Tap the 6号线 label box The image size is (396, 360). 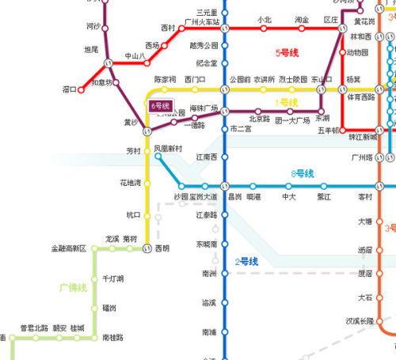point(162,104)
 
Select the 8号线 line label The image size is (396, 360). point(303,172)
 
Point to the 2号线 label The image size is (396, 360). point(247,261)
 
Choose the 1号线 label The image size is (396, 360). point(284,102)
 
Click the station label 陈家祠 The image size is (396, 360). point(165,79)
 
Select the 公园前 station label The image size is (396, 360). point(239,79)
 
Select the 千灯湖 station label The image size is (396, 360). point(112,279)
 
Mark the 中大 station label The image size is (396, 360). point(289,196)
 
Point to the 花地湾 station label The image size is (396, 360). point(130,183)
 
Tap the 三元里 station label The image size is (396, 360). point(208,13)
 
